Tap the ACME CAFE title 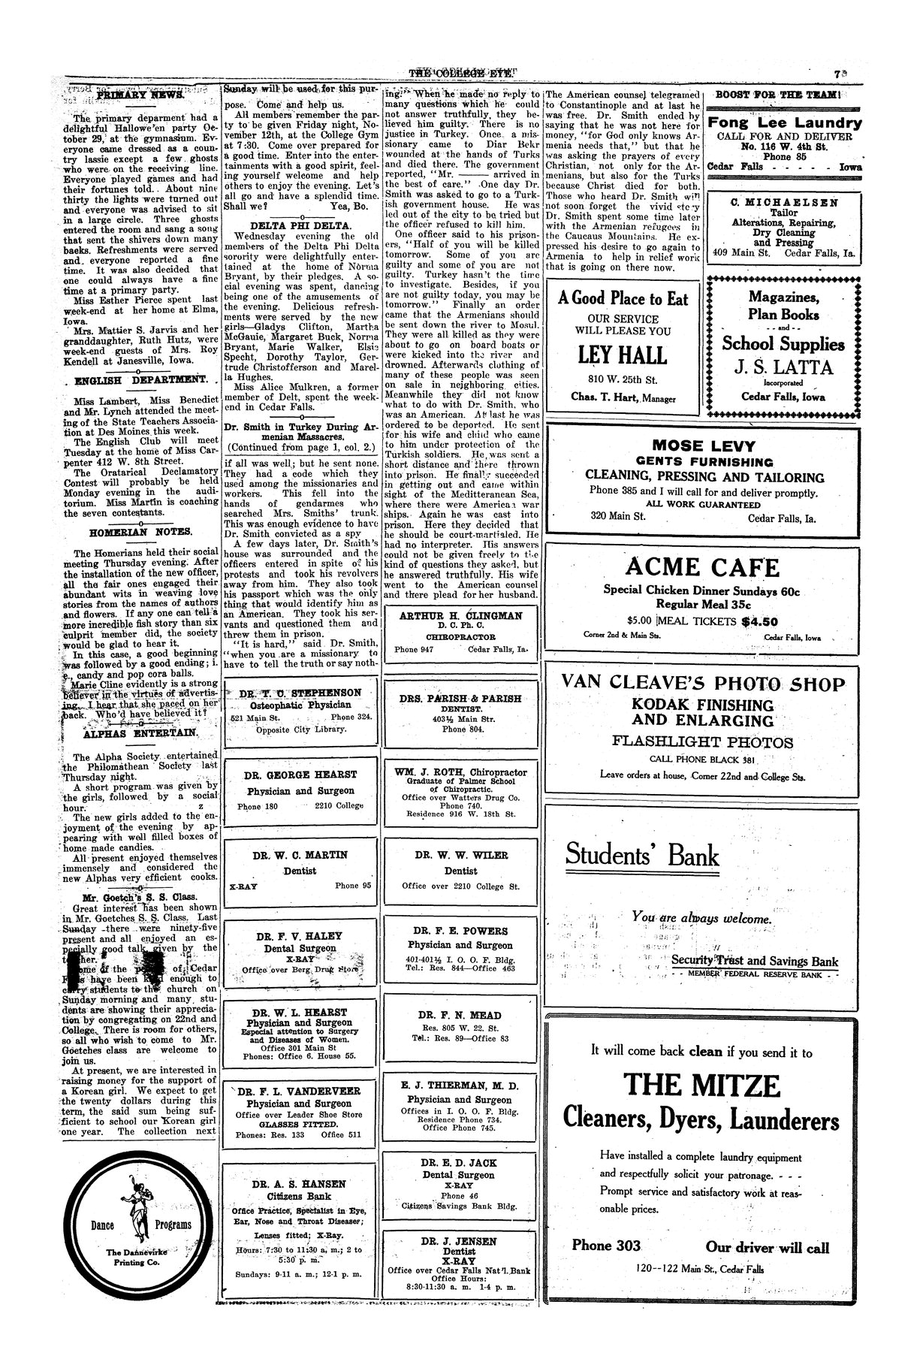click(702, 566)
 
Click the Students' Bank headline click(642, 855)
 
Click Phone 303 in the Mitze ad click(606, 1246)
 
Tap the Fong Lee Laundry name click(785, 123)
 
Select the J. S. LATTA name click(785, 367)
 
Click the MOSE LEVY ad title click(704, 445)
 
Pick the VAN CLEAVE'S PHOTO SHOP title click(704, 684)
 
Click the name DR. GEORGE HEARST click(300, 775)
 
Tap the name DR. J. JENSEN click(460, 1241)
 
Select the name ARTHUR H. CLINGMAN click(460, 616)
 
